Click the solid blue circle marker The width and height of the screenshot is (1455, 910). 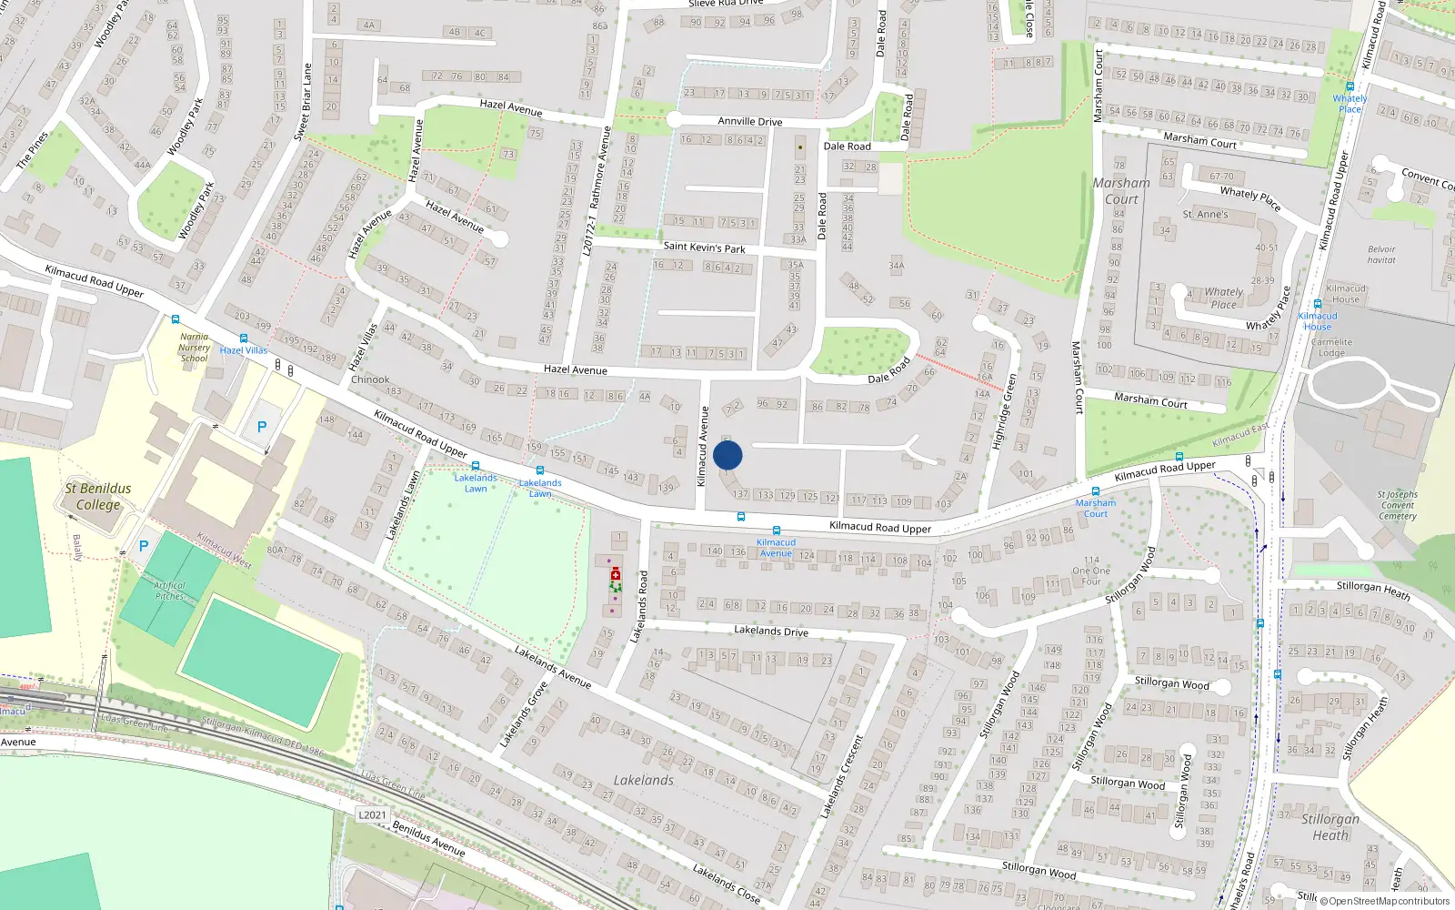pos(727,455)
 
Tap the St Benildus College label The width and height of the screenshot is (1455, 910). pos(98,496)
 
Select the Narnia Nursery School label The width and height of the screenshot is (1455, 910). pos(194,348)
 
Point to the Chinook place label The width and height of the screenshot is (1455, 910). pos(370,379)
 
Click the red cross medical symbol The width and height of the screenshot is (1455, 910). pos(616,575)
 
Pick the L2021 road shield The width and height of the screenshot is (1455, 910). pos(372,814)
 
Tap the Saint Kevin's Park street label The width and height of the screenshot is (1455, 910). pos(704,247)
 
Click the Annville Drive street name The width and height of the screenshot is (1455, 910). pos(749,121)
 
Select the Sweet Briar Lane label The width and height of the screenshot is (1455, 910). pos(303,102)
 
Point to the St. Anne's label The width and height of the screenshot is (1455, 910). pos(1205,215)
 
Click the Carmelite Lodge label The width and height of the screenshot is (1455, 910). pos(1331,348)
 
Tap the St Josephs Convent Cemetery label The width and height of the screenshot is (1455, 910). pos(1398,505)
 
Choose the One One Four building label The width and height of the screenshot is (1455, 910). pos(1091,571)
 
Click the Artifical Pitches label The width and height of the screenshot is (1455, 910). pos(170,591)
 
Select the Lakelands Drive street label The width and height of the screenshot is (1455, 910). pos(771,631)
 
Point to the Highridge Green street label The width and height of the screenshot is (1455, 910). pos(1004,411)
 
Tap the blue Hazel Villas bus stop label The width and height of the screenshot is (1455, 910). pos(244,350)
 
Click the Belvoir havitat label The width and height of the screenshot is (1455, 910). pos(1381,255)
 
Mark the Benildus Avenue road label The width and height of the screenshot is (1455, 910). pos(428,838)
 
